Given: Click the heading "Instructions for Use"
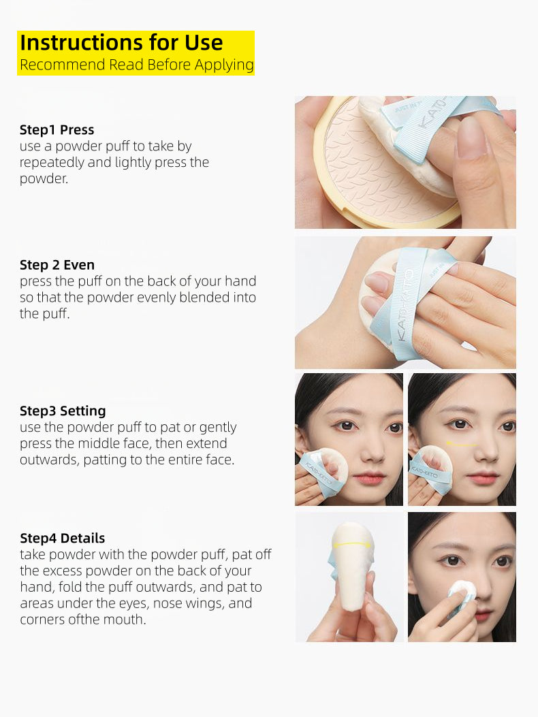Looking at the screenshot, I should [x=121, y=42].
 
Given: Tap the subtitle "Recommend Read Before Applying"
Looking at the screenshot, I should [x=136, y=65].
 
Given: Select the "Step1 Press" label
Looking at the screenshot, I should [x=57, y=129].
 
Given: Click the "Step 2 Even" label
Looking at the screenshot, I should [x=57, y=265].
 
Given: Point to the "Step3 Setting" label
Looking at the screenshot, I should [x=63, y=411].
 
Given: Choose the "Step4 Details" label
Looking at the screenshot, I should [x=63, y=538].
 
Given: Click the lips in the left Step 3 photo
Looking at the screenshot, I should [x=370, y=479].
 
